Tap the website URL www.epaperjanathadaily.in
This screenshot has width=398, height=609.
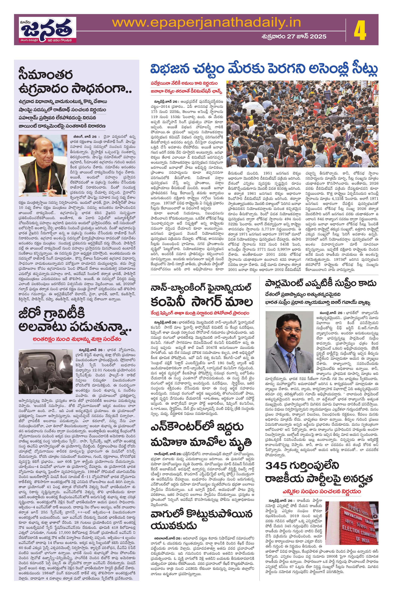(x=206, y=23)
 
